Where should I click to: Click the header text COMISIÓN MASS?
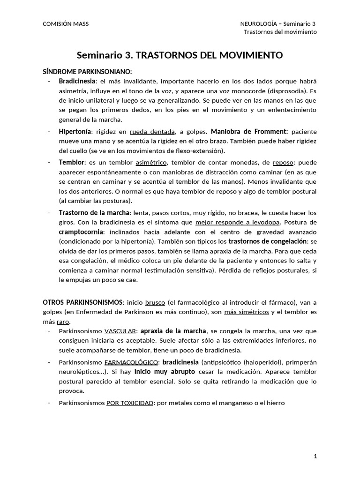[66, 24]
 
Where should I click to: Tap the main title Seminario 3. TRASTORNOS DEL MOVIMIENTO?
[180, 55]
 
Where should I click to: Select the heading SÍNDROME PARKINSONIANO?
[88, 71]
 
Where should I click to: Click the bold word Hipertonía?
[75, 131]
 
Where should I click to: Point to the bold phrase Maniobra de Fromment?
[249, 131]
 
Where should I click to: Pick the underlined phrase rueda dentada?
[152, 132]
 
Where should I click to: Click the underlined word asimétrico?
[151, 162]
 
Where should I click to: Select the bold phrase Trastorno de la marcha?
[94, 212]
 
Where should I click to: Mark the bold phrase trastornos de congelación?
[267, 241]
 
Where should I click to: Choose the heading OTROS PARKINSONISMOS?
[83, 302]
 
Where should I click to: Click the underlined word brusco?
[155, 302]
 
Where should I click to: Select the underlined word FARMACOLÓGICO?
[131, 362]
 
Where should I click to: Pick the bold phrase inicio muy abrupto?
[165, 372]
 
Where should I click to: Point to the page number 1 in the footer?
[315, 456]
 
